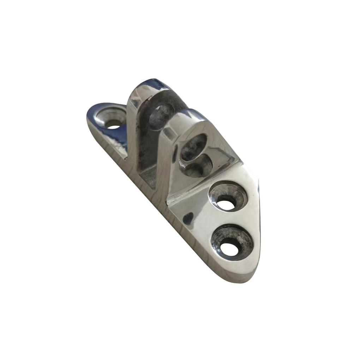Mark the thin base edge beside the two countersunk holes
click(257, 219)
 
